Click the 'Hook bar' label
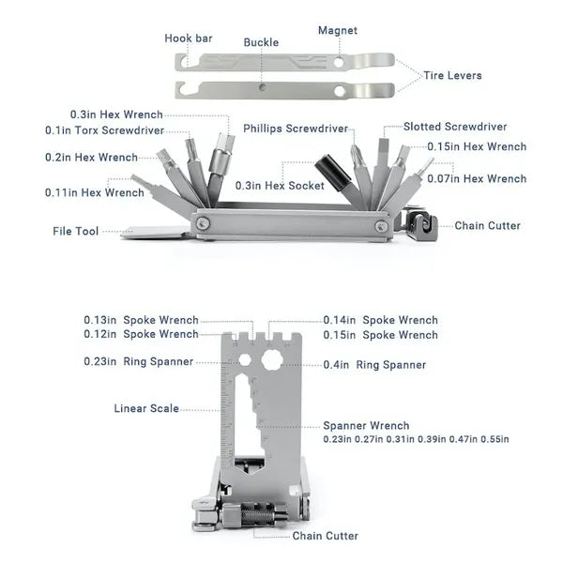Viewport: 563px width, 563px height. click(189, 38)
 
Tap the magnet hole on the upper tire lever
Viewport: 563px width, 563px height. click(338, 62)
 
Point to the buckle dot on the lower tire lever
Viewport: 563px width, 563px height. click(263, 87)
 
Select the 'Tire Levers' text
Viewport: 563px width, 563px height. click(452, 75)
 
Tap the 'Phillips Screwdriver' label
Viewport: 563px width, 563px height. click(296, 129)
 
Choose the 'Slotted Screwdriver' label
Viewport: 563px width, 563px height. click(455, 127)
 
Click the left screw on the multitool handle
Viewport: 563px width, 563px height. click(204, 223)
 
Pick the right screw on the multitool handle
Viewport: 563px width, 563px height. click(381, 226)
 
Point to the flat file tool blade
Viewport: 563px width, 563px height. click(155, 232)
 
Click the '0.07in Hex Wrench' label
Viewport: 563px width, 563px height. click(477, 178)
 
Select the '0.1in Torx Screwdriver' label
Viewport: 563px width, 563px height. click(104, 130)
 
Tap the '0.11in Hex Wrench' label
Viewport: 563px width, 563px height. click(95, 192)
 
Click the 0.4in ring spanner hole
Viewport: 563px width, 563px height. click(272, 359)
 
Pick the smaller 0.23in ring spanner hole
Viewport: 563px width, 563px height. click(245, 359)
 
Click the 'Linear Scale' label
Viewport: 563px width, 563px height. click(146, 408)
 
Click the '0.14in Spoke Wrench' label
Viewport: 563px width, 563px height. click(380, 320)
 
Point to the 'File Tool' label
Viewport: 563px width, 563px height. click(75, 231)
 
